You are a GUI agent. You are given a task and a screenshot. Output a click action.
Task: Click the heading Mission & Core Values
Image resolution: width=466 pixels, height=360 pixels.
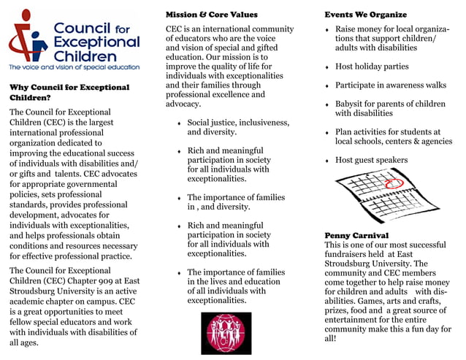point(211,15)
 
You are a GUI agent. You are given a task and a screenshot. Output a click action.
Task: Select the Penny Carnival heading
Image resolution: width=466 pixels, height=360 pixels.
point(357,235)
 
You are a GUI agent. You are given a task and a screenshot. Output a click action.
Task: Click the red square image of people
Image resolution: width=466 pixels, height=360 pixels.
point(226,333)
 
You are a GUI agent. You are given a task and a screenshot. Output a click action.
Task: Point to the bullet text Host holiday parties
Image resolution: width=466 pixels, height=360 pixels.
point(372,66)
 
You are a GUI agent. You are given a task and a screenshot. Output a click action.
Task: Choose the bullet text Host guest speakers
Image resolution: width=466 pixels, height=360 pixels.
point(371,160)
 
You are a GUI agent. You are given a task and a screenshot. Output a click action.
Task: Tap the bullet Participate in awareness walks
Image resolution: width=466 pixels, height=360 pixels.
point(390,85)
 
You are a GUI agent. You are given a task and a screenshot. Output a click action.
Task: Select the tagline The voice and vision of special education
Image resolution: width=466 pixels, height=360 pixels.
point(74,67)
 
